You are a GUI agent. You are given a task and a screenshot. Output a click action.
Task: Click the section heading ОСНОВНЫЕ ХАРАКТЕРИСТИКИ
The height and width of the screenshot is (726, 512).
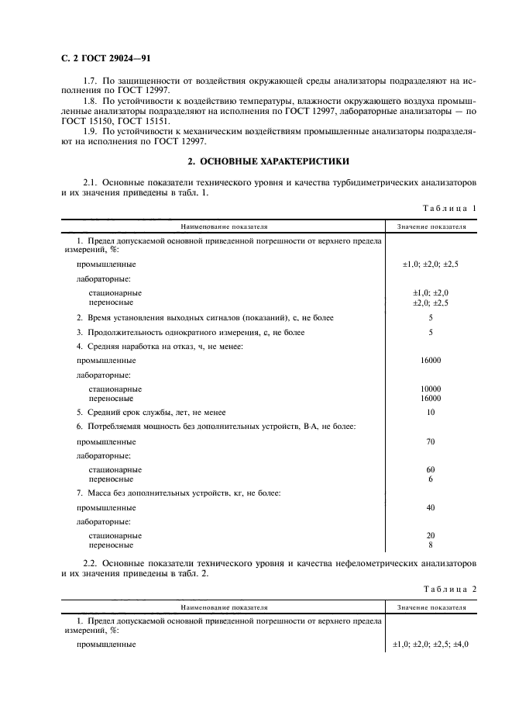(x=269, y=161)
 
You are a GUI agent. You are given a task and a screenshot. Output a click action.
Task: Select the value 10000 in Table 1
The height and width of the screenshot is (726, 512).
(x=431, y=389)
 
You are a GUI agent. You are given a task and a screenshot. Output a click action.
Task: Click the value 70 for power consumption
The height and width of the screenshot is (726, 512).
(x=431, y=441)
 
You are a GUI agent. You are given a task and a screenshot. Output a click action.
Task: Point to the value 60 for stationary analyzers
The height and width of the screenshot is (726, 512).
(x=431, y=470)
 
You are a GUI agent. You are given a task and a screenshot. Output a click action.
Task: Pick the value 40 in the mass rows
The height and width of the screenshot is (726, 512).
(x=431, y=507)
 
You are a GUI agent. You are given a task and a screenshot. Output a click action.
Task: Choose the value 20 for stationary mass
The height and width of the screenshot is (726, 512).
(x=431, y=536)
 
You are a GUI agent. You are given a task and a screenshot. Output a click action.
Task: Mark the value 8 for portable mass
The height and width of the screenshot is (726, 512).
(x=431, y=545)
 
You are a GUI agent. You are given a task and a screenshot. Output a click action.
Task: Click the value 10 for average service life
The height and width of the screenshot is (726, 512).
(x=431, y=412)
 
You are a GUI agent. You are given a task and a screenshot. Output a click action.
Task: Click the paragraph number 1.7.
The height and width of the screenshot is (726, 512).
(x=90, y=81)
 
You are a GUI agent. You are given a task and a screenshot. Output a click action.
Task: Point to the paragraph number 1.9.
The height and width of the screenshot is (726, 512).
(x=90, y=132)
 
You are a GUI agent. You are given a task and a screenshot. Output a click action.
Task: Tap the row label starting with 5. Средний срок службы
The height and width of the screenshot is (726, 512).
(x=150, y=412)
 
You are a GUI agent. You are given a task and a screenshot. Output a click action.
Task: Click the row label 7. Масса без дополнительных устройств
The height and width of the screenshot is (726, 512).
(x=178, y=493)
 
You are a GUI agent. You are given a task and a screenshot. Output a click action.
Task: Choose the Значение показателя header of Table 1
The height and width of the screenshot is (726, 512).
(x=431, y=227)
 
